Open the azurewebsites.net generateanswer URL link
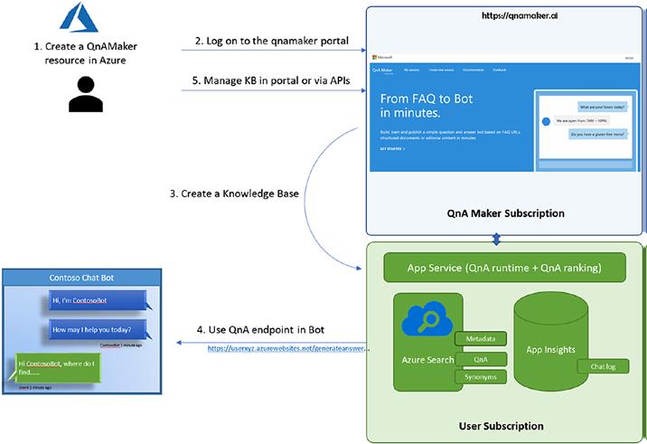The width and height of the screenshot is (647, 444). point(287,348)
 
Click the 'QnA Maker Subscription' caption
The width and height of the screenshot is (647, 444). point(506,213)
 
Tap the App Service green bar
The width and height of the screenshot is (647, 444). point(505,268)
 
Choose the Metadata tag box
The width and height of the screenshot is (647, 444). point(480,339)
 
